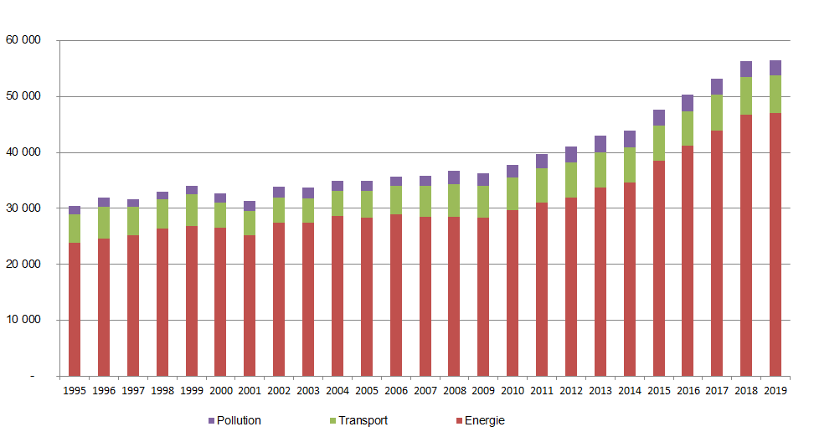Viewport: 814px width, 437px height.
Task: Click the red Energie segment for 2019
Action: (775, 244)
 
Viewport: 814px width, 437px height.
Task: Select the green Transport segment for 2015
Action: (658, 143)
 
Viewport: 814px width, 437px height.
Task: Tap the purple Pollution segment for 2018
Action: (746, 69)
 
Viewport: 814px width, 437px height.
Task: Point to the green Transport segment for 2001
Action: (250, 223)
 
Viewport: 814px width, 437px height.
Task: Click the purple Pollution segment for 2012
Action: (571, 154)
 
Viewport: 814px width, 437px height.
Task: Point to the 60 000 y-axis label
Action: (23, 40)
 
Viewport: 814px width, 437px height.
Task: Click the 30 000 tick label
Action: (23, 208)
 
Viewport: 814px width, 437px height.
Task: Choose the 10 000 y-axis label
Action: (23, 320)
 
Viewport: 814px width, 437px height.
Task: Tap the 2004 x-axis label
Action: (337, 390)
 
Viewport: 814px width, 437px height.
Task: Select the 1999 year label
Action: (192, 390)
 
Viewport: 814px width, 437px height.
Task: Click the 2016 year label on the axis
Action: (688, 390)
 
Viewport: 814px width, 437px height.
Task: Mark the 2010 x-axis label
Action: (513, 390)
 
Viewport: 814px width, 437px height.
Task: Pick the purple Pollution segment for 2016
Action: (688, 103)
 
